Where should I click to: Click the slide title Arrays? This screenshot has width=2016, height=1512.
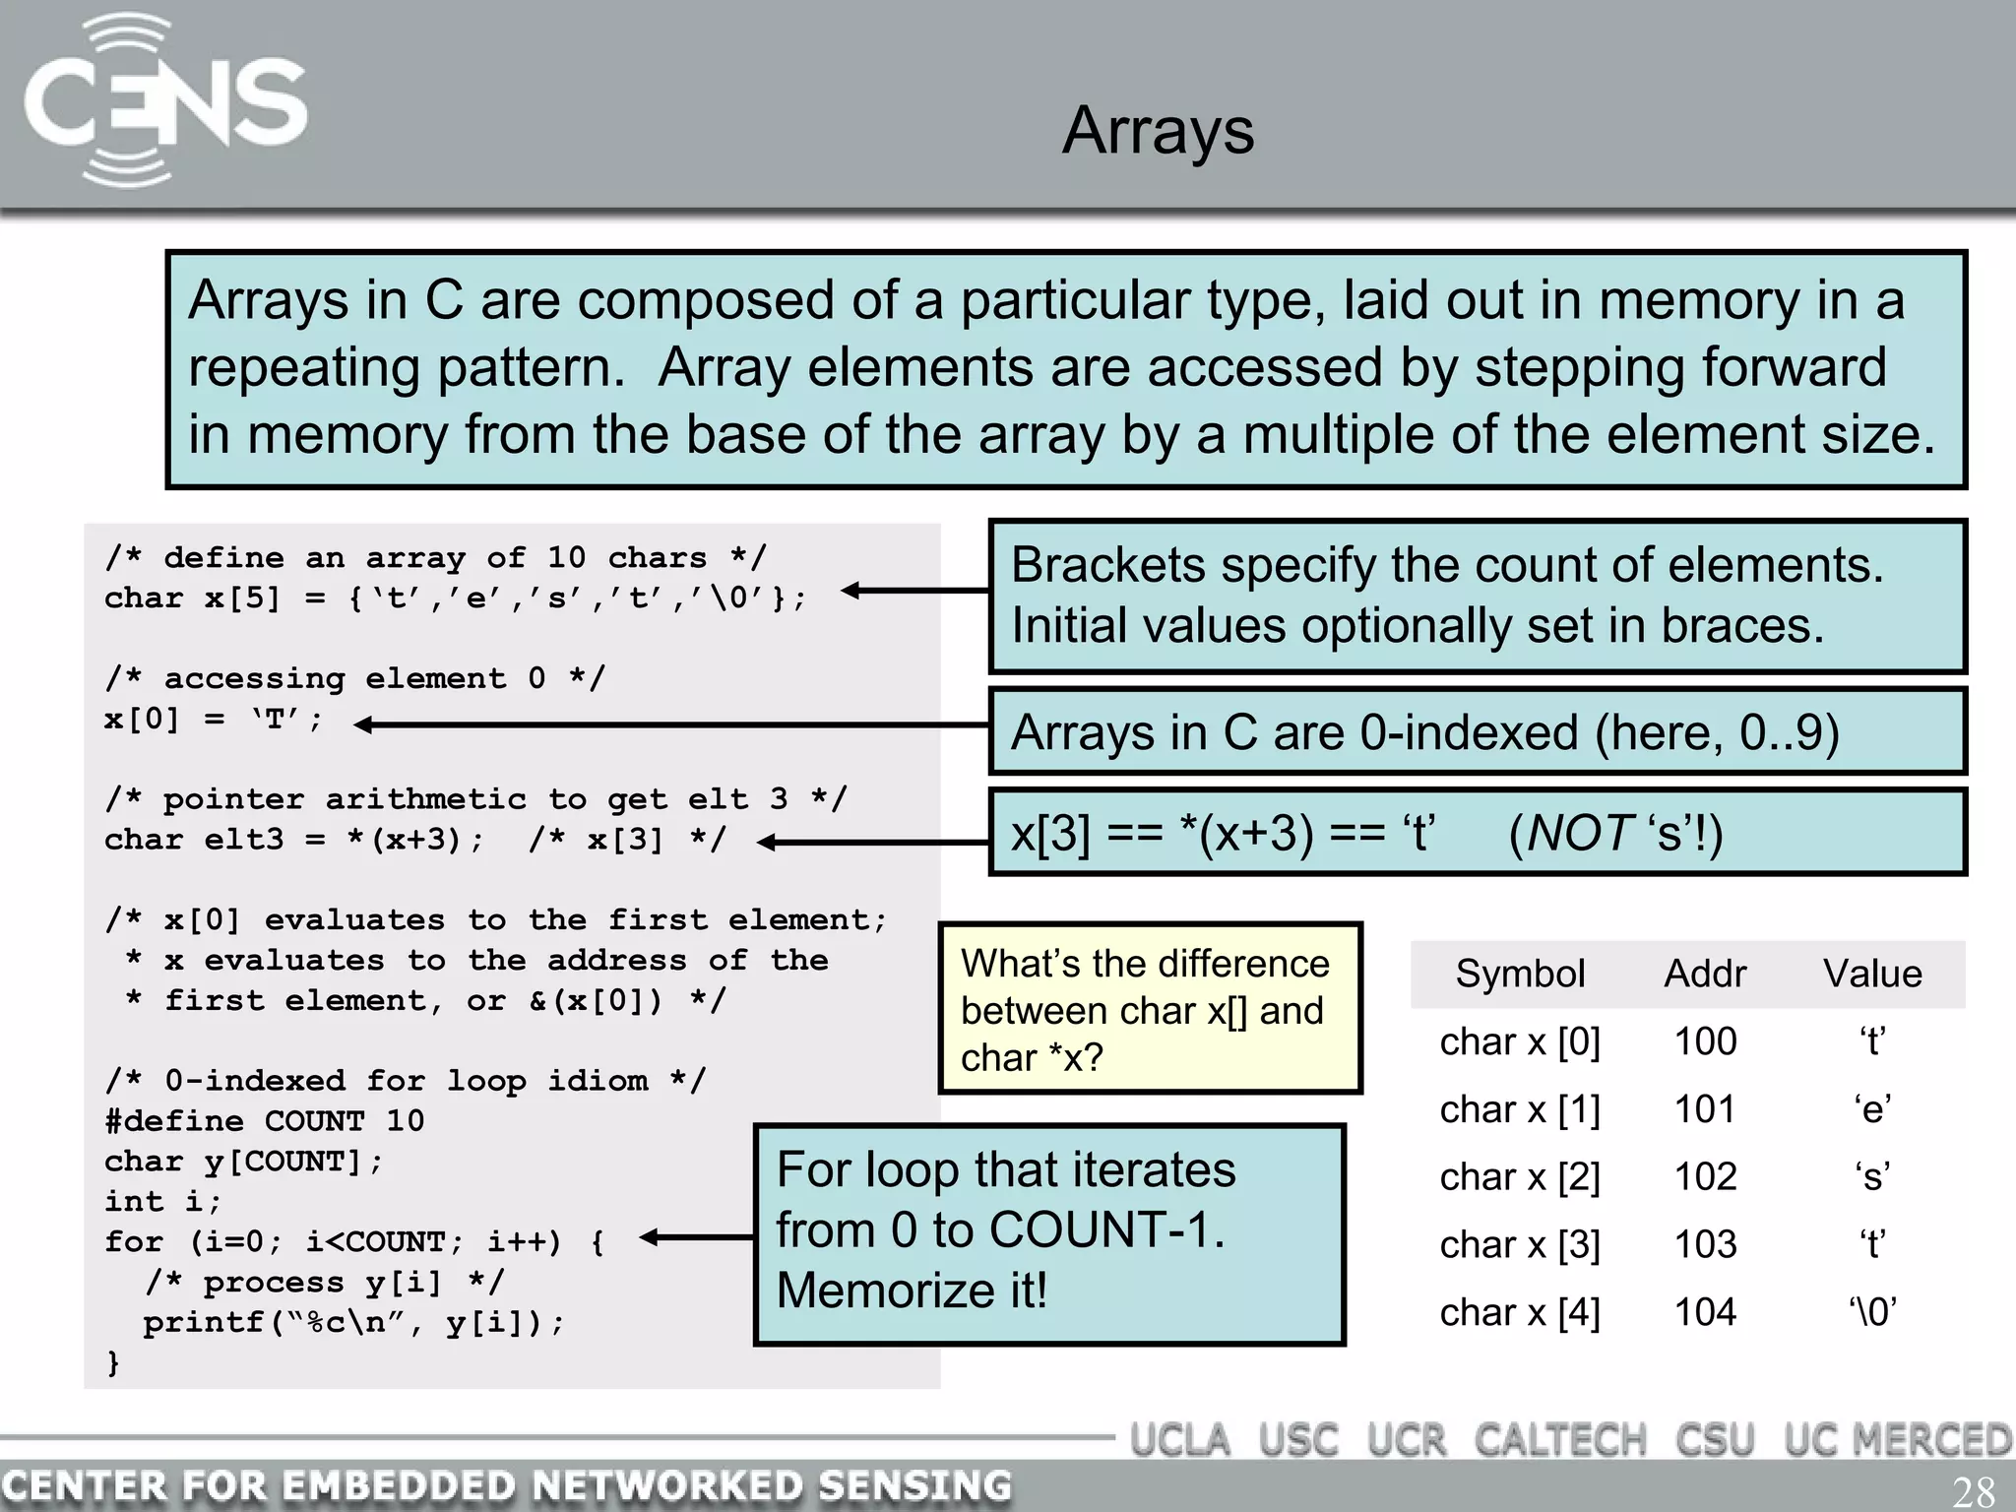click(x=1158, y=130)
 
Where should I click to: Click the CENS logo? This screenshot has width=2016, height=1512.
click(x=164, y=102)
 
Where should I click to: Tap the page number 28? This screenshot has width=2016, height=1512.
click(x=1973, y=1491)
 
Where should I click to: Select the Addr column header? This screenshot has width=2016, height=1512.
click(x=1704, y=974)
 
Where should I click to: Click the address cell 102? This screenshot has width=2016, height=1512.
click(x=1705, y=1176)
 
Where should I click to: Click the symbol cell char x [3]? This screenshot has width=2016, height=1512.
click(x=1519, y=1244)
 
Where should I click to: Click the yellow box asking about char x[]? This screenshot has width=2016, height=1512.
click(x=1150, y=1009)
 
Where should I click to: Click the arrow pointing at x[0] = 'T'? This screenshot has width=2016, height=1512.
click(x=669, y=725)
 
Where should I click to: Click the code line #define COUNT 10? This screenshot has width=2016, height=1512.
click(x=264, y=1121)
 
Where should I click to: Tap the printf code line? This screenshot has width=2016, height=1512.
click(x=353, y=1322)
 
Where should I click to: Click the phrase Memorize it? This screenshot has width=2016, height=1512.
click(x=911, y=1291)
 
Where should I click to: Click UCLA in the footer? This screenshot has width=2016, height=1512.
click(x=1179, y=1440)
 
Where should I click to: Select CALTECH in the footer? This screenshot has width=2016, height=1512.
click(x=1559, y=1440)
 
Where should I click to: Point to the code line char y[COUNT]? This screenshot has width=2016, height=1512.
click(x=242, y=1162)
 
